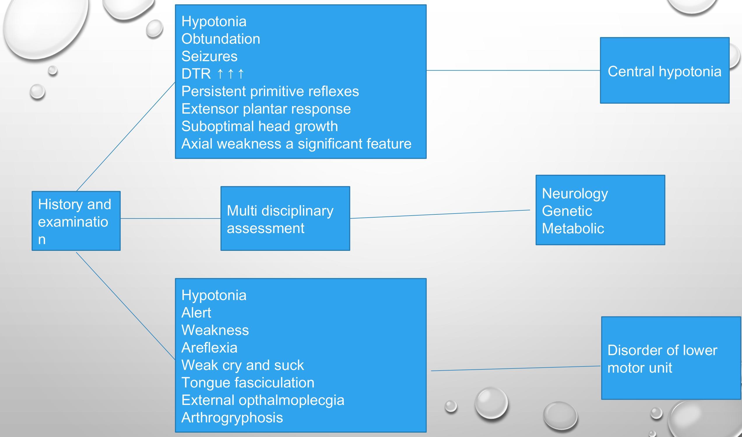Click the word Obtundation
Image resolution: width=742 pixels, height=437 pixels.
(x=221, y=39)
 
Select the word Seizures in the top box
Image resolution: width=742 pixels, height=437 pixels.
(x=209, y=56)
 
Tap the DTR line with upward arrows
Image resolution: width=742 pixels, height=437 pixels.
(x=213, y=74)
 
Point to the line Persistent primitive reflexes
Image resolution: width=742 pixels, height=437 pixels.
(x=270, y=91)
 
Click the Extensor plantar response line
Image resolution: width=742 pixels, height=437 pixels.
(x=266, y=109)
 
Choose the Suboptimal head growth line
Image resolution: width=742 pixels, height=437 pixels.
(x=259, y=126)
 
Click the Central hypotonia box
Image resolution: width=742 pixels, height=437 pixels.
(x=664, y=71)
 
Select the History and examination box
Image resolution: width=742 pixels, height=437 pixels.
(x=76, y=221)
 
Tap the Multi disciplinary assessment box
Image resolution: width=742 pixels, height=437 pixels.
(x=285, y=218)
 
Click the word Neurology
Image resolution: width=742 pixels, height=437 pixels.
(x=575, y=193)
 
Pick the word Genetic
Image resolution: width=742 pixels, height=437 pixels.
(x=567, y=211)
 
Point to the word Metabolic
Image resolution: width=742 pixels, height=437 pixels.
(x=573, y=228)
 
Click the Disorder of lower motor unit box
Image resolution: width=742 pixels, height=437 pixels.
(x=671, y=358)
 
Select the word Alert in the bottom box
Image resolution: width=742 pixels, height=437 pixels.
(x=196, y=312)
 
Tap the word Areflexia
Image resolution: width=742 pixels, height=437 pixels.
(x=209, y=348)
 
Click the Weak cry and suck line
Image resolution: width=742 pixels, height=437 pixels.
(x=242, y=365)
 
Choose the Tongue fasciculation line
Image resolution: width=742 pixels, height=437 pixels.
(x=248, y=383)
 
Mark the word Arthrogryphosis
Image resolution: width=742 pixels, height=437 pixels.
(x=232, y=417)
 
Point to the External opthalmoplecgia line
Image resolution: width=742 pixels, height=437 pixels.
(x=263, y=400)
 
